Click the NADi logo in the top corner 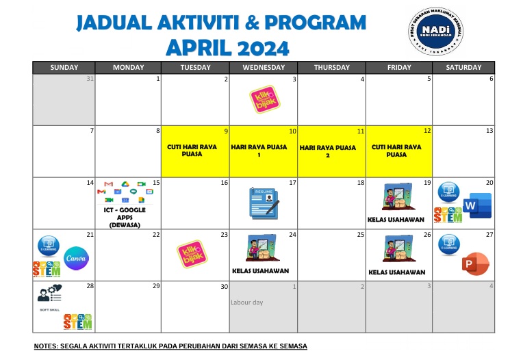tap(436, 31)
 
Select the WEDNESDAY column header tap(264, 67)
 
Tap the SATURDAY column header tap(463, 67)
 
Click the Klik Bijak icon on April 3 tap(264, 100)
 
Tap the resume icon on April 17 tap(264, 203)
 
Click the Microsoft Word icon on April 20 tap(477, 206)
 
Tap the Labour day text tap(246, 302)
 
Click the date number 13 tap(489, 131)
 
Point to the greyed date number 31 tap(90, 79)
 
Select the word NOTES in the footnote tap(47, 346)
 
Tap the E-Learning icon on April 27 tap(449, 242)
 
